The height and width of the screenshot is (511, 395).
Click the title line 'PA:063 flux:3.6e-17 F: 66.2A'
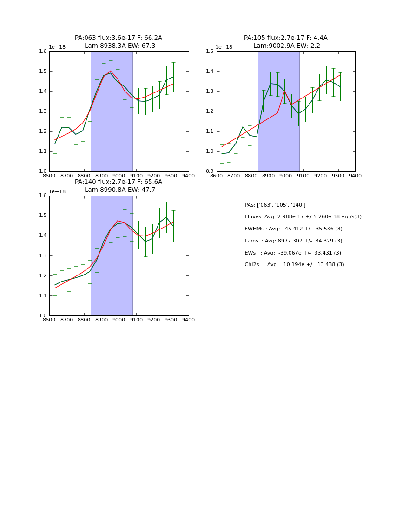[118, 38]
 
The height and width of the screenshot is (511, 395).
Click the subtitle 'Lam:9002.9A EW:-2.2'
[286, 46]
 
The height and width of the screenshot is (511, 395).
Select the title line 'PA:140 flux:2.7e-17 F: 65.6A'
[118, 182]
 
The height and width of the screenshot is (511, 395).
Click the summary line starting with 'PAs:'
[275, 205]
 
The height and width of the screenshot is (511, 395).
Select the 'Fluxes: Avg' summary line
[303, 217]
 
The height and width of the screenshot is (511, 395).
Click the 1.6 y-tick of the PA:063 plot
[43, 52]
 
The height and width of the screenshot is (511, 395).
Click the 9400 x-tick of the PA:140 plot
[188, 320]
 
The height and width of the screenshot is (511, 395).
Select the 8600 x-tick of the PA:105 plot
[217, 176]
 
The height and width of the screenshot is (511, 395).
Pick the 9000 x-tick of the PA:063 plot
[119, 176]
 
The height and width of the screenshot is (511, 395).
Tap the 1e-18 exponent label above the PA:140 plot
[58, 191]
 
